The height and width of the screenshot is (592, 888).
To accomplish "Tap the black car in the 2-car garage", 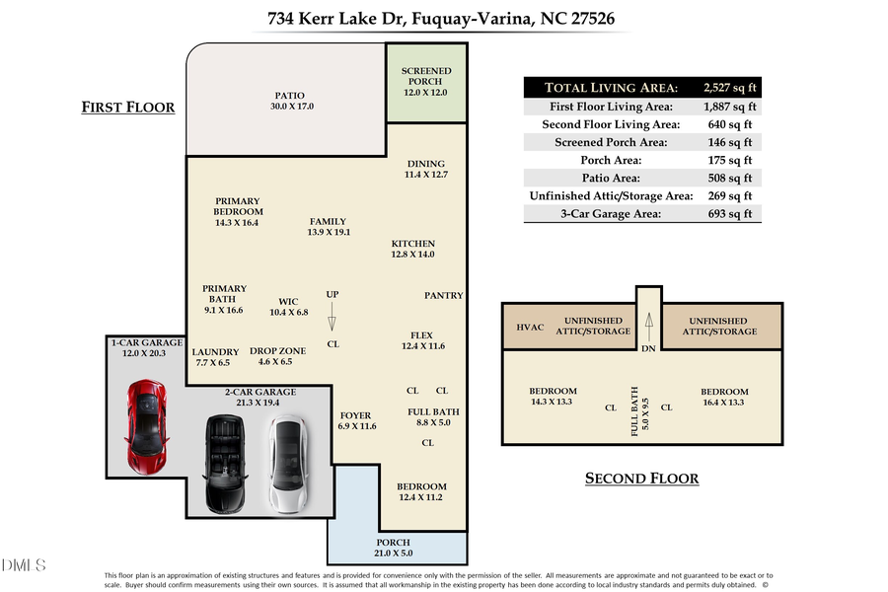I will pos(225,462).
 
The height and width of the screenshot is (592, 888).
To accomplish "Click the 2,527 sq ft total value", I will pos(729,88).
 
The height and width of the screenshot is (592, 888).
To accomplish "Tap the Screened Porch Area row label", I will pos(612,142).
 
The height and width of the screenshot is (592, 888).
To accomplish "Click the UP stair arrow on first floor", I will pos(333,316).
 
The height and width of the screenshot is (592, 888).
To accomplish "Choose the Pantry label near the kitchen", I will pos(443,296).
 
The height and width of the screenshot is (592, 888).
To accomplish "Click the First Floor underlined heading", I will pos(127,108).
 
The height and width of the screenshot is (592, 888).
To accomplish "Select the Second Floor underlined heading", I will pos(641,479).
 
